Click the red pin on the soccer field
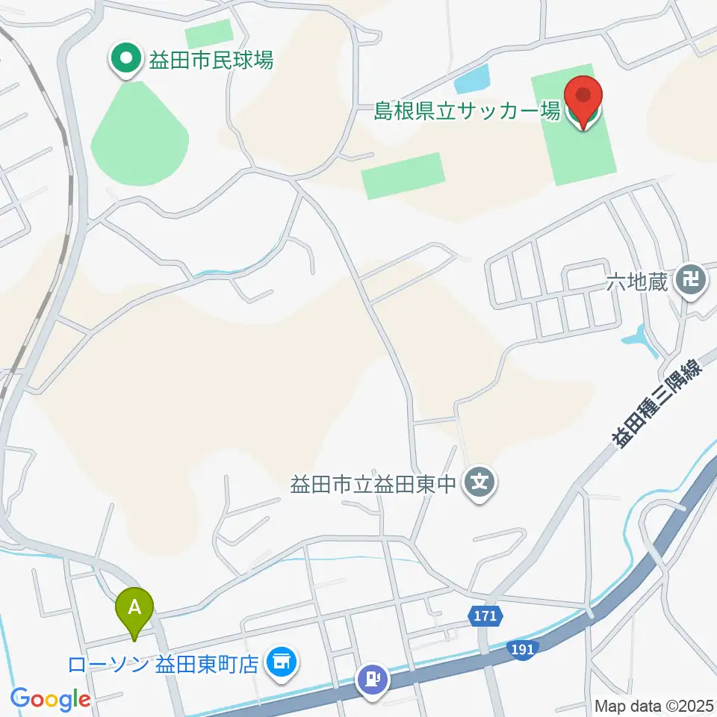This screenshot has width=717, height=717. click(x=583, y=100)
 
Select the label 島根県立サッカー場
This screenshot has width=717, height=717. click(x=468, y=112)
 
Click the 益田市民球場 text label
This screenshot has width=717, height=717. click(x=211, y=60)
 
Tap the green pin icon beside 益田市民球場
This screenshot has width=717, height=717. click(x=125, y=58)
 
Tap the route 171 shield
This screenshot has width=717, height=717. click(x=485, y=617)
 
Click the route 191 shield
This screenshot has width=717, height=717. click(x=524, y=649)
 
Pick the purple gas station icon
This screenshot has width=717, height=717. click(x=373, y=680)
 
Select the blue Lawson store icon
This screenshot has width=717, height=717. click(x=281, y=662)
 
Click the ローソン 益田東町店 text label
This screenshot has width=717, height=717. click(x=163, y=664)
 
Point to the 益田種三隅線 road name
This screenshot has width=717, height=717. click(x=657, y=404)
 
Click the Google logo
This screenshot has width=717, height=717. click(x=51, y=698)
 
